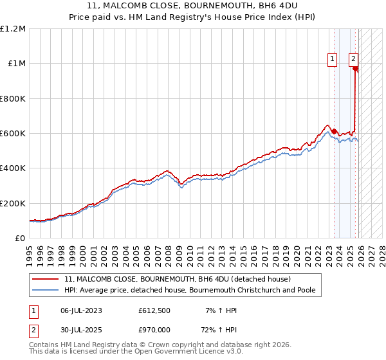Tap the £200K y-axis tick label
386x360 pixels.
coord(13,203)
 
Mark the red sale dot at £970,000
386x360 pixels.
coord(355,69)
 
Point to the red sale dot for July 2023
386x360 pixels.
coord(334,131)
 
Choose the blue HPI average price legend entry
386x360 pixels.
coord(189,291)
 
